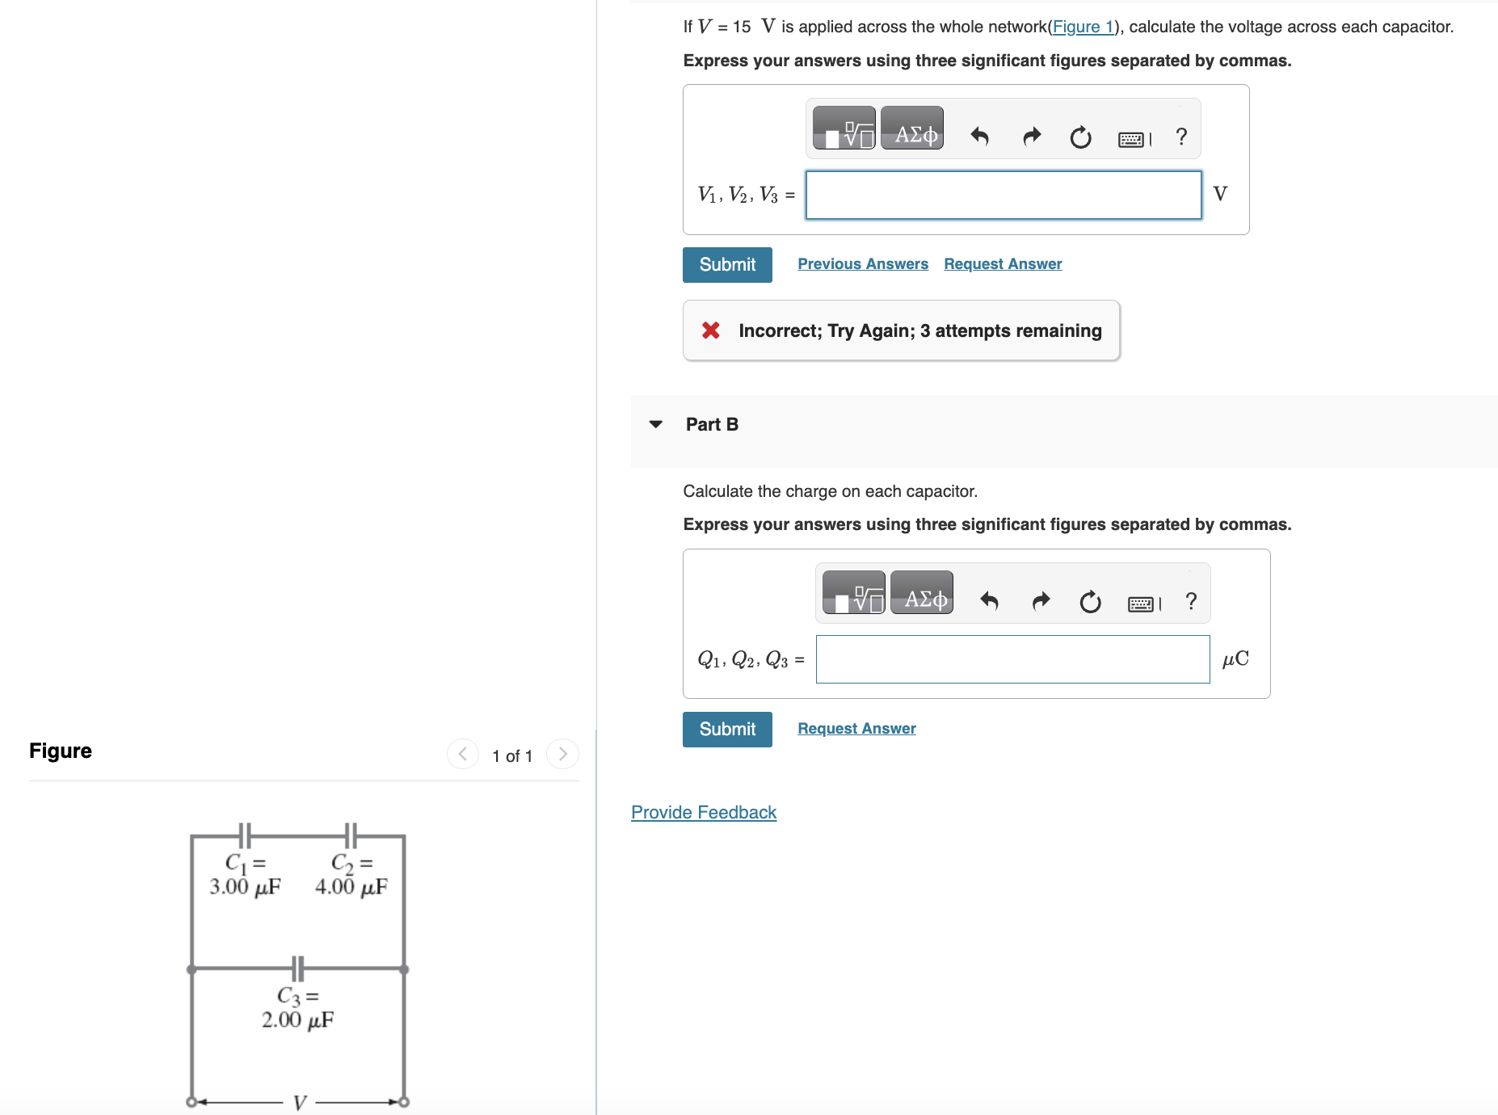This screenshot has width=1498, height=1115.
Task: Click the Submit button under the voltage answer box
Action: click(727, 265)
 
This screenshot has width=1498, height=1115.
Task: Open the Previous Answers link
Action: click(863, 264)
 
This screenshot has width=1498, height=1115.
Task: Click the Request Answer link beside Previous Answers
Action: click(1003, 264)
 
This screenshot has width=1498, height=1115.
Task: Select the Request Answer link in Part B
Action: click(856, 729)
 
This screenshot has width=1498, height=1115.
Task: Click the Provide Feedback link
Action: click(704, 813)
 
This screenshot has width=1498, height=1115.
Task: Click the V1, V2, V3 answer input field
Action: click(1004, 195)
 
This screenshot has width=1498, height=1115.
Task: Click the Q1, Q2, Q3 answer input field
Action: click(1012, 659)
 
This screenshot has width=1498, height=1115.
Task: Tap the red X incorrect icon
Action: click(711, 330)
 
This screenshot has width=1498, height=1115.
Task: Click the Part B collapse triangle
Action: click(656, 424)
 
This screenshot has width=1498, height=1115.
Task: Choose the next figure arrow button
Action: click(562, 754)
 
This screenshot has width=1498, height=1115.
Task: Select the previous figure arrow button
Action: click(463, 754)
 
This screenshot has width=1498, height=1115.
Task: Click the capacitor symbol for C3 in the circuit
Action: click(297, 968)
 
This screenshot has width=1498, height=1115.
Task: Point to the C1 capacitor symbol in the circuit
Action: click(245, 835)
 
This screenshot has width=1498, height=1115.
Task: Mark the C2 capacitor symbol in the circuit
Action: click(351, 835)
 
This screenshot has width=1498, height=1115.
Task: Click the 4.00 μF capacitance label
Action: click(351, 887)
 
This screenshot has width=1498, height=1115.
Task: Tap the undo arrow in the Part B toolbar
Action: click(989, 601)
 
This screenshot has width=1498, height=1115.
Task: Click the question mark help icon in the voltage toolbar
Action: click(1181, 137)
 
